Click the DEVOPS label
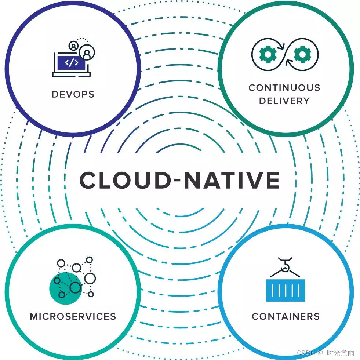point(73,94)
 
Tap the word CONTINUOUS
point(284,88)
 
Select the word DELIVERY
point(284,101)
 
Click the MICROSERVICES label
point(73,316)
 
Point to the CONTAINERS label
point(286,316)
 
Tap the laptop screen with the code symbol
point(71,63)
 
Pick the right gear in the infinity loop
point(302,54)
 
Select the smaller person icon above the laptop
point(73,46)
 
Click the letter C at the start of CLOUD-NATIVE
point(88,180)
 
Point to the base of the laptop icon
point(71,74)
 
